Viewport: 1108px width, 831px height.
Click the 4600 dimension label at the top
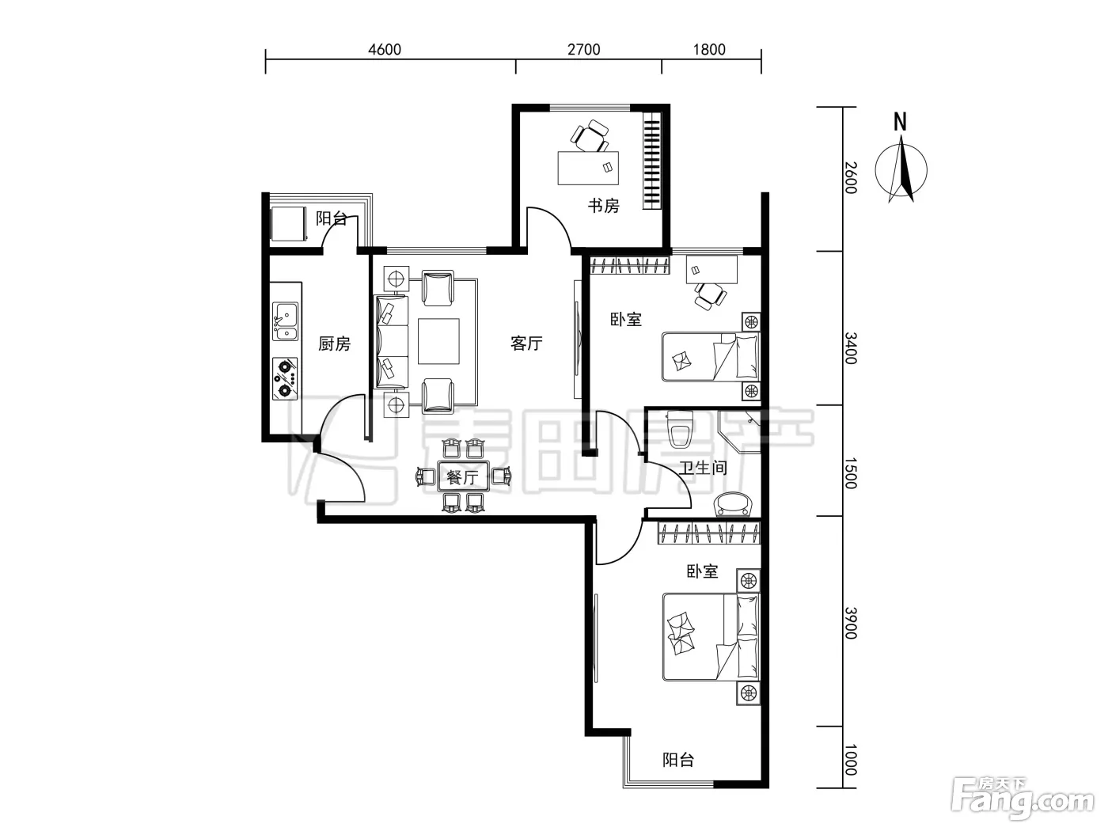(385, 49)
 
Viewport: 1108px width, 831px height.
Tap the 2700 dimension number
(583, 49)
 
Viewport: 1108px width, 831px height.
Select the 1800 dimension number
(708, 49)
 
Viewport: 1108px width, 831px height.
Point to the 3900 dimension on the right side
(851, 623)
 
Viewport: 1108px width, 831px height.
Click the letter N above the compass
(900, 122)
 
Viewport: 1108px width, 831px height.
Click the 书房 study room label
(603, 206)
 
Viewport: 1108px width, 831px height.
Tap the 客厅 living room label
(526, 343)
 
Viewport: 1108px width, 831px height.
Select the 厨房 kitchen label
(334, 343)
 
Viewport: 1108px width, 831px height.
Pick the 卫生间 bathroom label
(703, 468)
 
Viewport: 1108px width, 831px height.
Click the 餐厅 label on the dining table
(463, 476)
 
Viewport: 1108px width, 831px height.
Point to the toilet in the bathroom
(679, 430)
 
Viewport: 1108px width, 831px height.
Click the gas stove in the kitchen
(285, 378)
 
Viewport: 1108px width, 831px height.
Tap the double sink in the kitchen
(285, 321)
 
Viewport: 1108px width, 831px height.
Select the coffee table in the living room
(438, 341)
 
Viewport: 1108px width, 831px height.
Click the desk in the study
(588, 168)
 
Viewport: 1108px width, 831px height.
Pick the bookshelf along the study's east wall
(651, 161)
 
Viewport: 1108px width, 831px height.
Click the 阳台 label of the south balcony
(678, 760)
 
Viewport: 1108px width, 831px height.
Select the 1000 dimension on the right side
(851, 760)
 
